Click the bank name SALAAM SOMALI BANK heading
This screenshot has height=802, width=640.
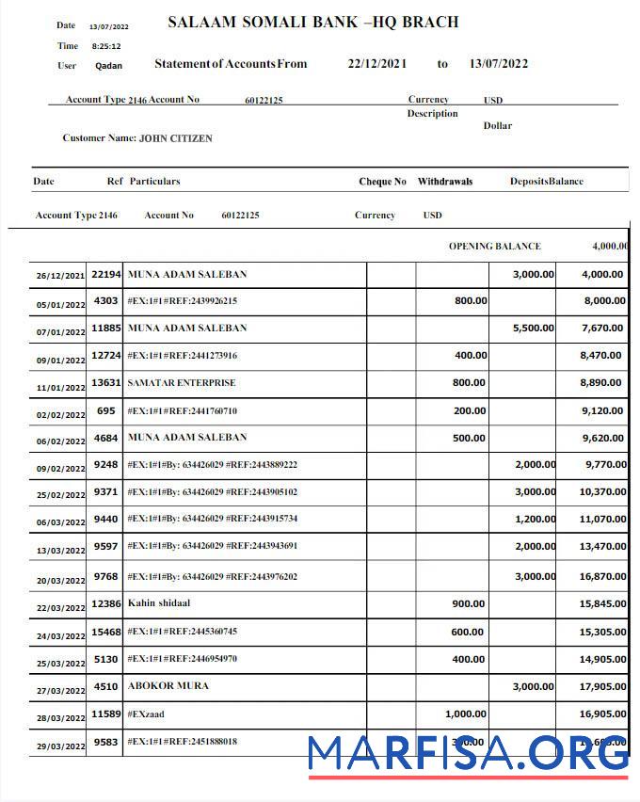[x=312, y=22]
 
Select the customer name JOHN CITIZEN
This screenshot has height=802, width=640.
[x=175, y=138]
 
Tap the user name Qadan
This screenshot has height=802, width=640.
[x=108, y=66]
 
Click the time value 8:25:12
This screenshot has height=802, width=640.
[x=105, y=46]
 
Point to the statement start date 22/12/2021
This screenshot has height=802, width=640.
[x=376, y=64]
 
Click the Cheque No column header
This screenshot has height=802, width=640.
[x=382, y=182]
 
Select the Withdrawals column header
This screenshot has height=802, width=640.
[x=445, y=182]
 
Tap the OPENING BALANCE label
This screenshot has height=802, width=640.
[x=494, y=247]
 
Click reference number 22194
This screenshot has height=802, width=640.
[x=106, y=274]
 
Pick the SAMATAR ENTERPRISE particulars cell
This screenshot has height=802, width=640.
[x=182, y=383]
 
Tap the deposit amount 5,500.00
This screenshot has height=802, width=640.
[x=533, y=329]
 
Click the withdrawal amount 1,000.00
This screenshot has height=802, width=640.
[x=465, y=714]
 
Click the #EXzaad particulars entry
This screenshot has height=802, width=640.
[x=146, y=714]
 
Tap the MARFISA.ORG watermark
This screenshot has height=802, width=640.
[x=468, y=753]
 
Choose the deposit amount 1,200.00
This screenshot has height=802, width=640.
[x=535, y=520]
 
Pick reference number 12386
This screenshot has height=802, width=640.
[x=106, y=603]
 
